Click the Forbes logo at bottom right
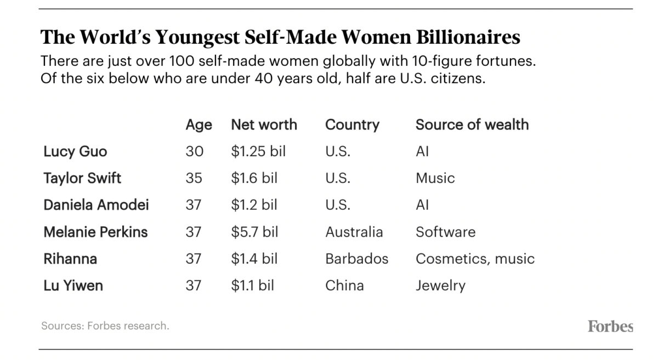point(610,327)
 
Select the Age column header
point(198,125)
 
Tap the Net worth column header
point(264,125)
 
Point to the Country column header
point(352,125)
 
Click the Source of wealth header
point(472,125)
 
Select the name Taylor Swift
point(82,178)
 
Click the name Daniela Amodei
point(96,205)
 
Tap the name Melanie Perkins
point(95,232)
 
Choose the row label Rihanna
point(70,259)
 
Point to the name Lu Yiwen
point(73,285)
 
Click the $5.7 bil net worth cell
point(254,232)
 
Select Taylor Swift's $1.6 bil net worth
point(254,178)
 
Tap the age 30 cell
point(194,152)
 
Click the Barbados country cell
point(356,259)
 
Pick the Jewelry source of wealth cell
point(440,285)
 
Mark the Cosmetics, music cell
point(475,259)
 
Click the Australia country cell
point(354,232)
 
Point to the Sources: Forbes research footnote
point(105,326)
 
